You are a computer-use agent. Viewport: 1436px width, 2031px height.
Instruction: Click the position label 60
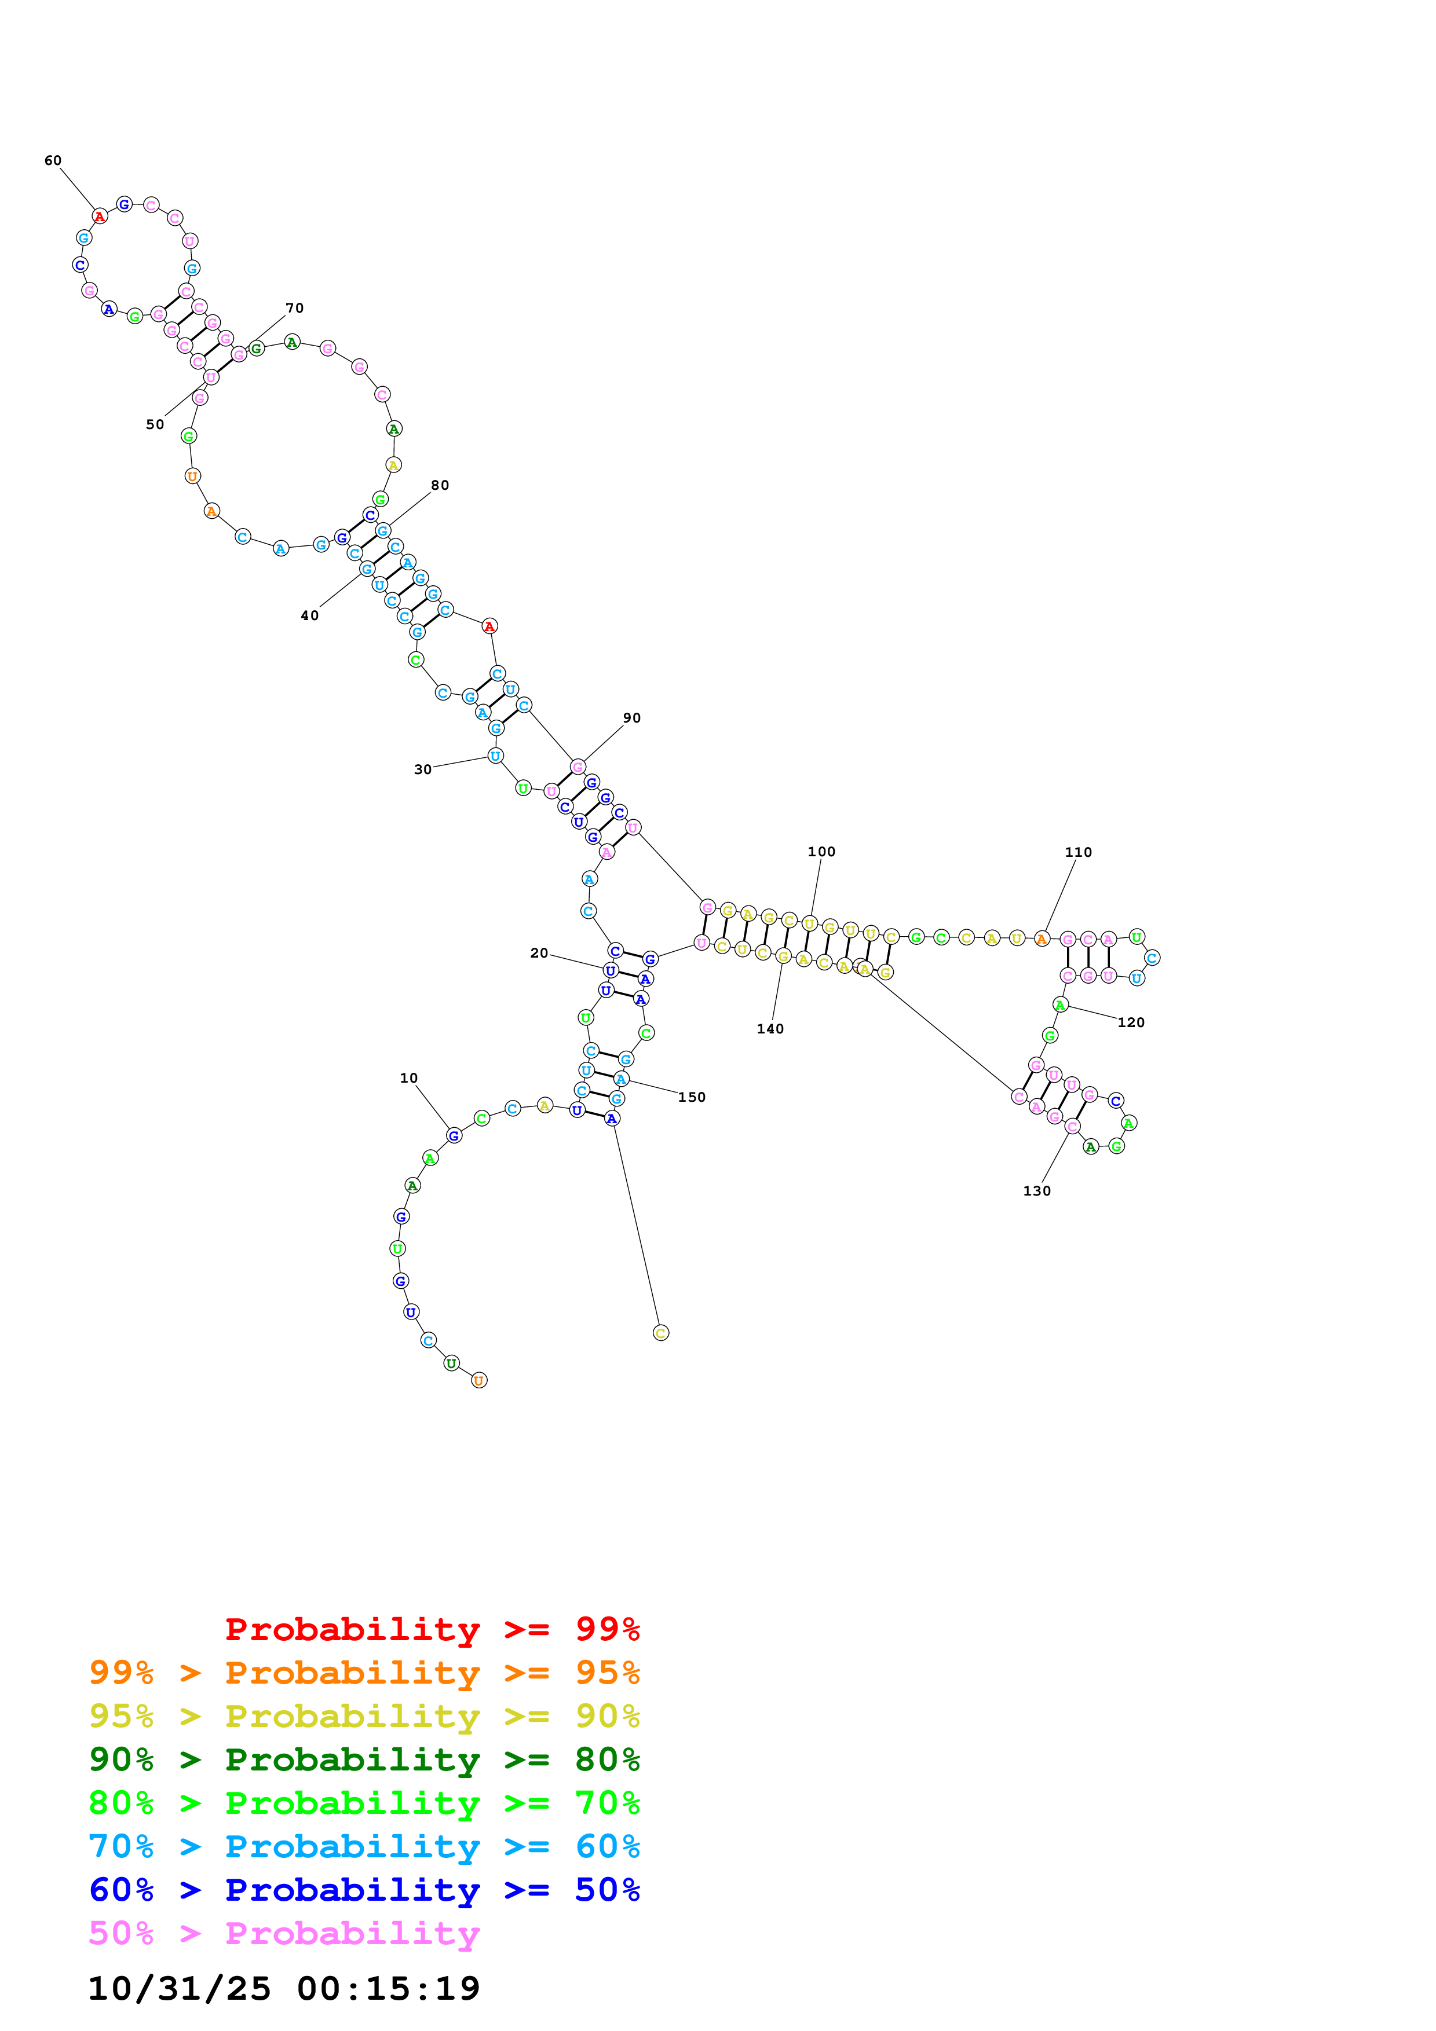53,160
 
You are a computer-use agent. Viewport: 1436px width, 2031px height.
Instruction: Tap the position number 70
295,308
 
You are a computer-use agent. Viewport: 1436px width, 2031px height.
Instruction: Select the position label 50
155,424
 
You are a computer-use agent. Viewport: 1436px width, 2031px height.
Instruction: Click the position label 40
310,615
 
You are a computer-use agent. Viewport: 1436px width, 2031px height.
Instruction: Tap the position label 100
821,851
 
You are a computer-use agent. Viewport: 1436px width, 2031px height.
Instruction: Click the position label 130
1037,1191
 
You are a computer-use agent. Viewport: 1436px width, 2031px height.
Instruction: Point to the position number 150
692,1097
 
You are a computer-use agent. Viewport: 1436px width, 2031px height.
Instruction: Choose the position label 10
409,1077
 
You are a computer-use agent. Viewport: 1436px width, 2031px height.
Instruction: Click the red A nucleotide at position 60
100,216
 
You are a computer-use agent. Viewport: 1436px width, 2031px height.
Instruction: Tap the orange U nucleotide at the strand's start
478,1380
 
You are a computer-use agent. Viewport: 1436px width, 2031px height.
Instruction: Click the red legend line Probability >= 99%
432,1629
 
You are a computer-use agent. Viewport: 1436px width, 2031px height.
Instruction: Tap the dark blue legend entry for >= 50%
364,1890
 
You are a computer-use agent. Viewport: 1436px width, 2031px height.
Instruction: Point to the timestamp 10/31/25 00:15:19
283,1989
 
